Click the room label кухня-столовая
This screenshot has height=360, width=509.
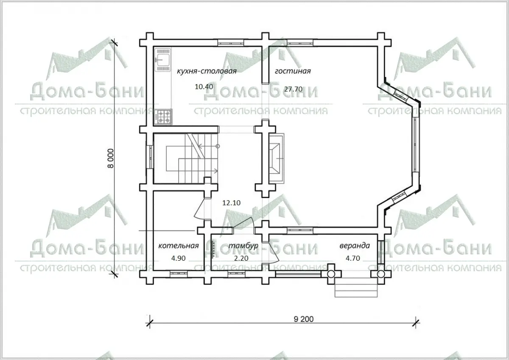tap(207, 71)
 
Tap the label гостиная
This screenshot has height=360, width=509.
tap(293, 71)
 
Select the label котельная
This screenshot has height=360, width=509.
tap(179, 246)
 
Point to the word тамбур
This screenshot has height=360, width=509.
tap(243, 246)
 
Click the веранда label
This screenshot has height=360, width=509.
tap(355, 246)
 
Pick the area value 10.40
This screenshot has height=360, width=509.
tap(204, 87)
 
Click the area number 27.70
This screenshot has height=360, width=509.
tap(293, 89)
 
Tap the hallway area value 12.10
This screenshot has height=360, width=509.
tap(231, 202)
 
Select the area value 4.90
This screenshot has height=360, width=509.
tap(178, 258)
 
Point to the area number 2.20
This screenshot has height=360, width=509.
tap(241, 258)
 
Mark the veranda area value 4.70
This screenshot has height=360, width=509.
tap(352, 258)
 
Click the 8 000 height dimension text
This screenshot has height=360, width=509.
tap(110, 158)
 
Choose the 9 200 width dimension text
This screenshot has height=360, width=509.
tap(304, 319)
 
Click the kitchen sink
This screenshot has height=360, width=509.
tap(163, 59)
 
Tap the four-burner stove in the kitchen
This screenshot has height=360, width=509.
tap(163, 117)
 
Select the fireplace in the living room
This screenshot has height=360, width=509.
tap(276, 158)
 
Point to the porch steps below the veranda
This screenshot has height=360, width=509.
tap(356, 287)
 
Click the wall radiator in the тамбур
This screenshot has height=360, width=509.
tap(213, 249)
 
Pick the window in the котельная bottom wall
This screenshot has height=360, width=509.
tap(179, 274)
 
